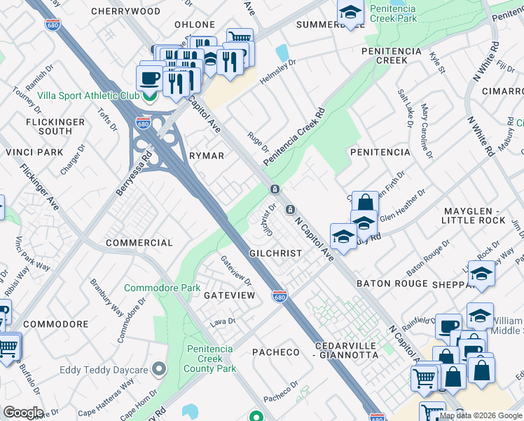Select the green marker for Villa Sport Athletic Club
click(149, 98)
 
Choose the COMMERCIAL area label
click(139, 243)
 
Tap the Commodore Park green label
click(162, 288)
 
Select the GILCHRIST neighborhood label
click(275, 253)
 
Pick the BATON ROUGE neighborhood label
click(392, 283)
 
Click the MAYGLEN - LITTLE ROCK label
click(474, 215)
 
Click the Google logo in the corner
click(23, 413)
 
